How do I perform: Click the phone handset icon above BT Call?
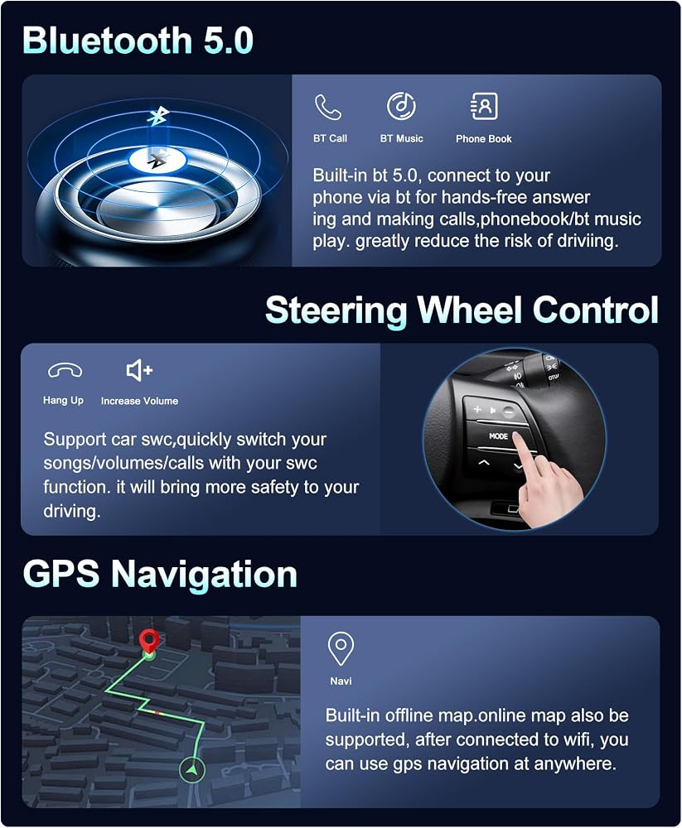[x=328, y=107]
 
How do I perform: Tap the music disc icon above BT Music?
[x=401, y=106]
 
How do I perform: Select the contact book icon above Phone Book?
[x=484, y=106]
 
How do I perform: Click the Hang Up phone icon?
[x=65, y=371]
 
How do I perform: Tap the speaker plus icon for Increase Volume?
[x=139, y=370]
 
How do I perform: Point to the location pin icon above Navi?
[x=341, y=648]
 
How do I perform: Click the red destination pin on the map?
[x=149, y=640]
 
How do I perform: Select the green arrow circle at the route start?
[x=192, y=770]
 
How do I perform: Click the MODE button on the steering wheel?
[x=498, y=436]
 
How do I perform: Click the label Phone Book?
[x=484, y=139]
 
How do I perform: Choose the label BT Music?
[x=402, y=139]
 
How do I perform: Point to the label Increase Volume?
[x=139, y=401]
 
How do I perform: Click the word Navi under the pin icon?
[x=341, y=681]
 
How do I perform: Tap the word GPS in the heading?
[x=61, y=574]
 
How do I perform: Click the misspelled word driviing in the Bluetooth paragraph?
[x=587, y=241]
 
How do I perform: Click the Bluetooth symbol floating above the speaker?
[x=157, y=116]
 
